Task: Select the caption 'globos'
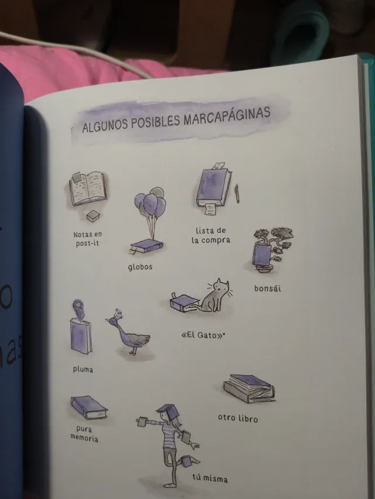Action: click(x=140, y=267)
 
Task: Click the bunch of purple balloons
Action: click(x=150, y=204)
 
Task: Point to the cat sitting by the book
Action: click(x=215, y=295)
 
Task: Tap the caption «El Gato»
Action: click(x=201, y=336)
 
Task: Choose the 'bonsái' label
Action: click(x=267, y=288)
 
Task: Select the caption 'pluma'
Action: click(x=83, y=369)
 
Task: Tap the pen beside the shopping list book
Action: click(x=237, y=193)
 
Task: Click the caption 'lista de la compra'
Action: click(x=210, y=235)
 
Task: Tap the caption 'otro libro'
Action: click(x=237, y=419)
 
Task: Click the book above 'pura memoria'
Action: click(x=88, y=407)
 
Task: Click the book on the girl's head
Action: click(x=166, y=408)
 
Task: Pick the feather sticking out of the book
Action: click(x=77, y=309)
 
